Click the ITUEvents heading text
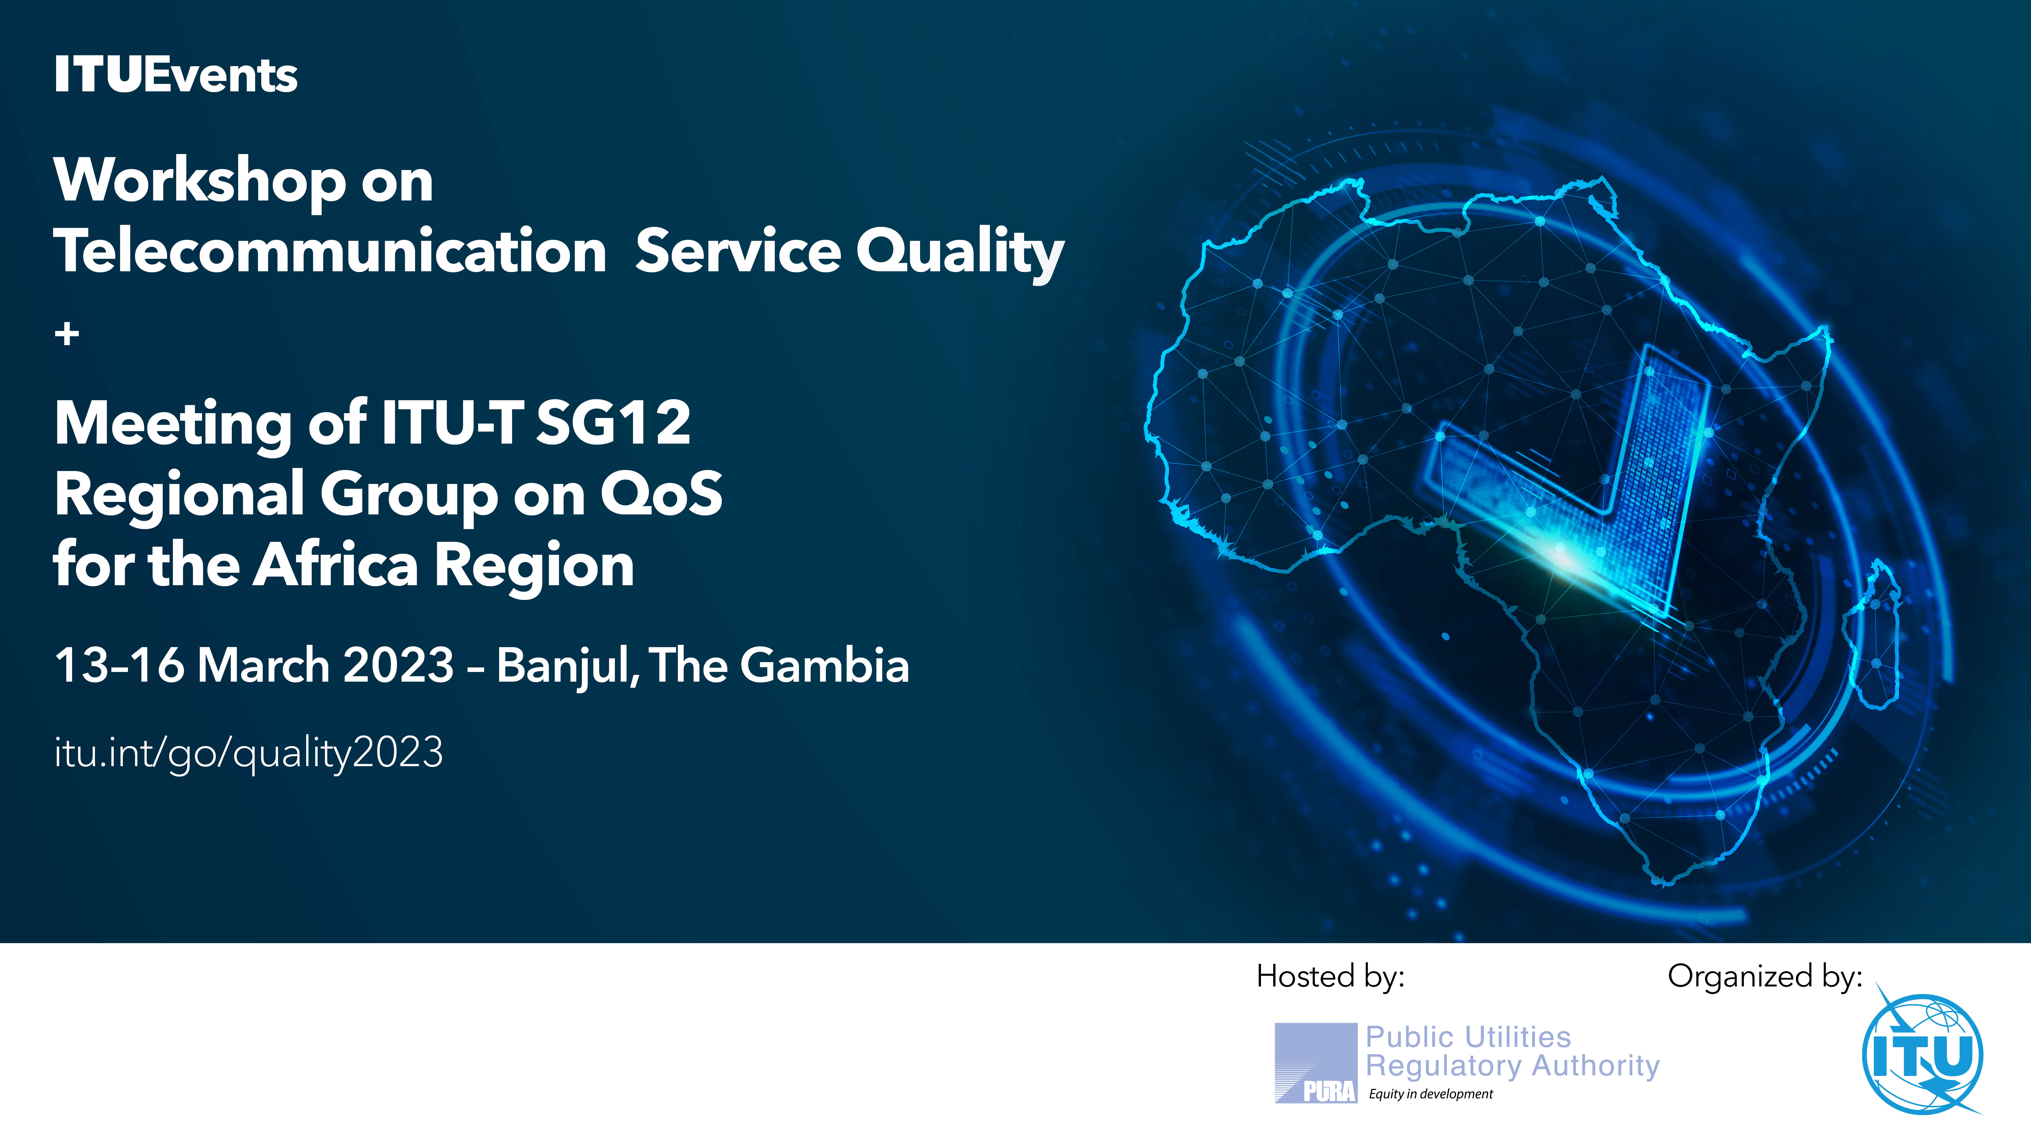click(176, 76)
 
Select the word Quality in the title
click(960, 252)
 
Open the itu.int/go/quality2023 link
click(248, 753)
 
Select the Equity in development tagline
click(1431, 1094)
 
